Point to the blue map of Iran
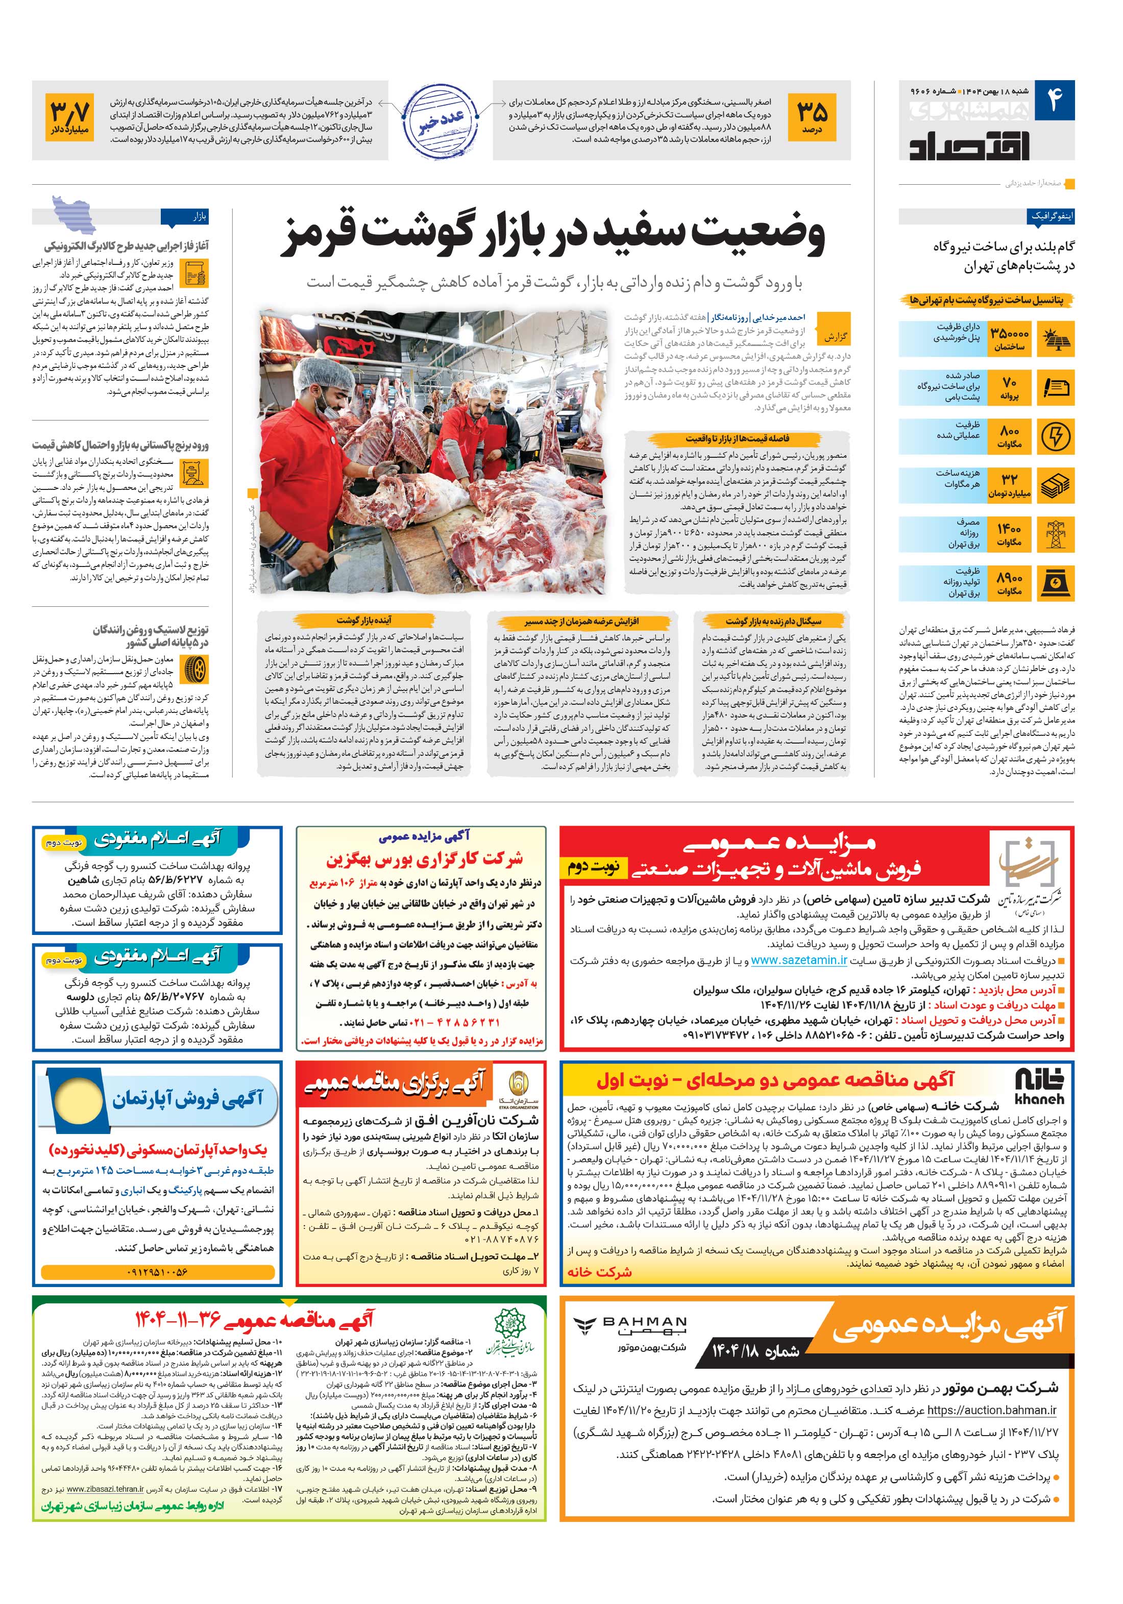click(74, 215)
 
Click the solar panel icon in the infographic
click(1055, 339)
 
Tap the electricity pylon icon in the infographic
click(1055, 534)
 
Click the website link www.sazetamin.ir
click(799, 960)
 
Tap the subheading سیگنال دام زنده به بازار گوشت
click(773, 621)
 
